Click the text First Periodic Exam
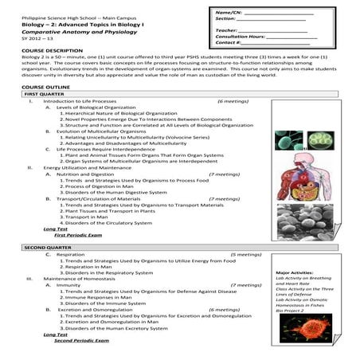[79, 237]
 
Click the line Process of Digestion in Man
[104, 186]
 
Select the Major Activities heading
[293, 272]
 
